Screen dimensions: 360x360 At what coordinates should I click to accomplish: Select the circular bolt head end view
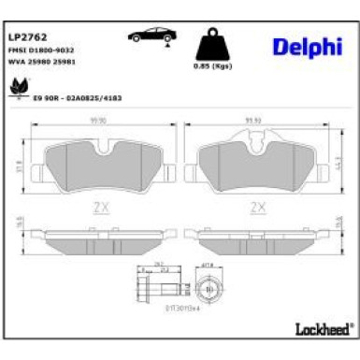click(206, 281)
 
